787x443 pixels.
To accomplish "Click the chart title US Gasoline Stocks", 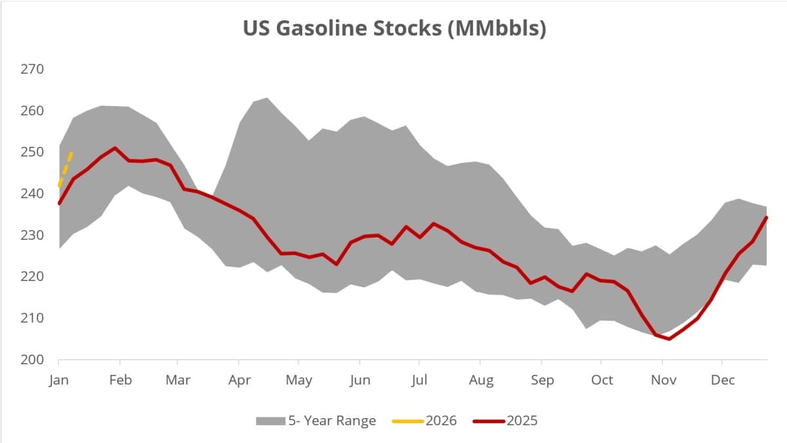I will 393,29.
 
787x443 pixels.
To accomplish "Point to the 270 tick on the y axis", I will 33,69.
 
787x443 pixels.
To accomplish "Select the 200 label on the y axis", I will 33,360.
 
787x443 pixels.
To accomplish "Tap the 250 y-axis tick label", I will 33,152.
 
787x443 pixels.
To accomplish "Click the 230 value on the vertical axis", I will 33,235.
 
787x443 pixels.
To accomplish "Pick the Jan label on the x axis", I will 59,380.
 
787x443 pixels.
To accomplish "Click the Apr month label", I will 239,380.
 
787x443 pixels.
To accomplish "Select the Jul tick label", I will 420,380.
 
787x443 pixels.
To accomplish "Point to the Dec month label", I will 722,380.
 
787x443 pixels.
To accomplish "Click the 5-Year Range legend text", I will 332,421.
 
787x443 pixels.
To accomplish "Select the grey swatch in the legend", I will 271,421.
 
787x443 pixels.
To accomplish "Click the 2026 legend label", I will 441,421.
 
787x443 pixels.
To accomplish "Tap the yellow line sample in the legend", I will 407,421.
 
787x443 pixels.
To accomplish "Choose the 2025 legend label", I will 521,421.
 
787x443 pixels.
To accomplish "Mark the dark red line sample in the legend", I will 488,421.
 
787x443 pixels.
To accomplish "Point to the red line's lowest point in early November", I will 668,339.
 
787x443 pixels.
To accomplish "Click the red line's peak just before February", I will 115,148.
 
